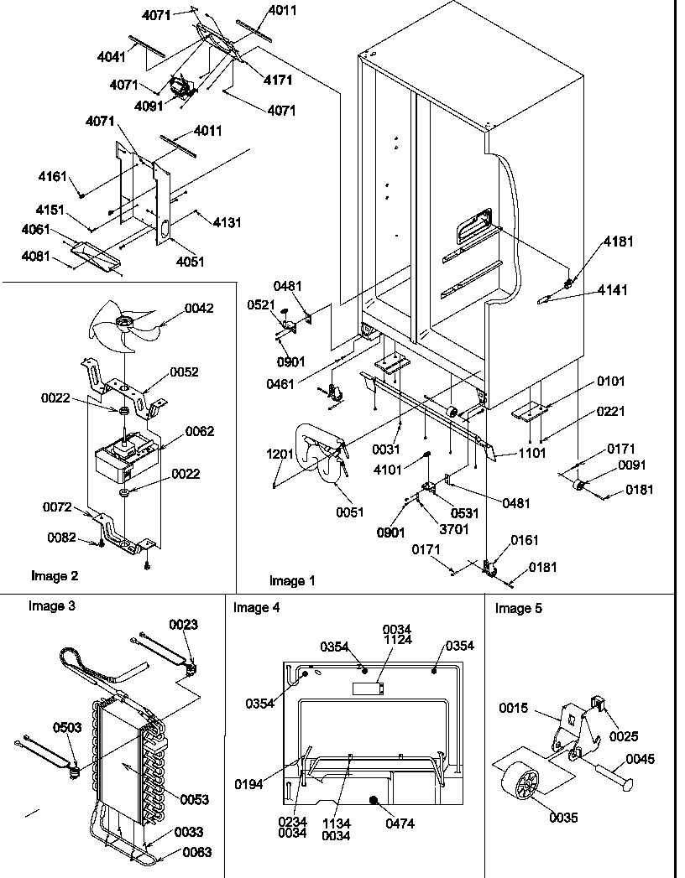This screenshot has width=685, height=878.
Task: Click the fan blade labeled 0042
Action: tap(126, 323)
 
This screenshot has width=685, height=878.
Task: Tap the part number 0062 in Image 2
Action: tap(200, 432)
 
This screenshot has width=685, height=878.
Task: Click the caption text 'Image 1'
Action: tap(293, 580)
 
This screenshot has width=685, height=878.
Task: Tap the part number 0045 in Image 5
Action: tap(639, 760)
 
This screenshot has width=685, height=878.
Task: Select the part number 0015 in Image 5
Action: tap(513, 709)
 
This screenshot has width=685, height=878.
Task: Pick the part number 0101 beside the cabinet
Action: tap(610, 382)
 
